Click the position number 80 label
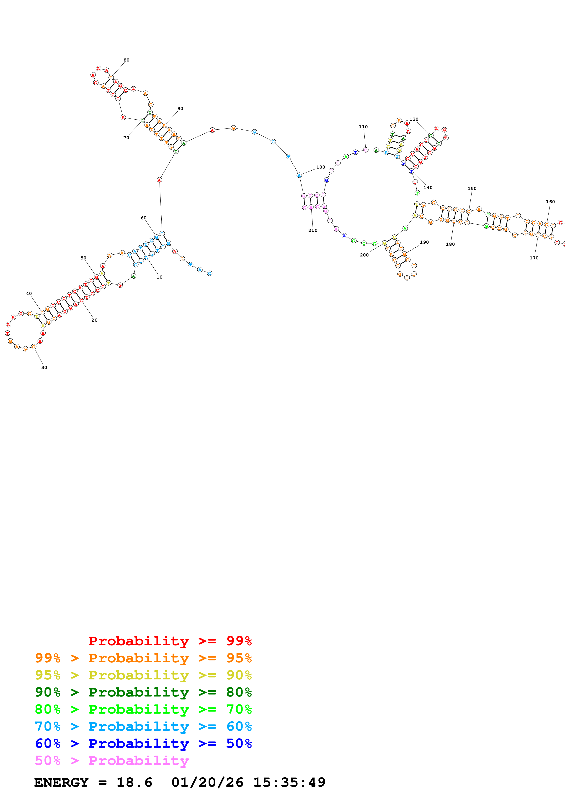(126, 60)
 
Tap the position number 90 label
(180, 109)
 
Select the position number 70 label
(126, 138)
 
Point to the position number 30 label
(44, 367)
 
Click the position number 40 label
(29, 294)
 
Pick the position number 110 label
(363, 127)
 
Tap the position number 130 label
(414, 119)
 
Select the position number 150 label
(472, 189)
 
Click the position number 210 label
(313, 230)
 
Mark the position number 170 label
(534, 258)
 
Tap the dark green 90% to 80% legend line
(143, 692)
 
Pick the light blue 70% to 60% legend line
(143, 726)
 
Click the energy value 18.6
(134, 782)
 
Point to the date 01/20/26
(207, 782)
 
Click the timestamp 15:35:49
(289, 782)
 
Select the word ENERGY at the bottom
(61, 782)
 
